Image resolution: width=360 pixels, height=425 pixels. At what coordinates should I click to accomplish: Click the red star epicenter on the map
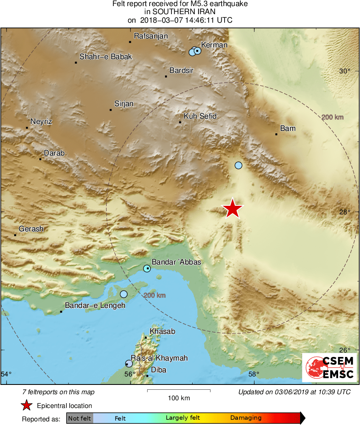[x=233, y=209]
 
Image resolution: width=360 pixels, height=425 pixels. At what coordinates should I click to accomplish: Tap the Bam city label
[x=288, y=128]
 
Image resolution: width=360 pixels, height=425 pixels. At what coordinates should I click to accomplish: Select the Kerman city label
[x=214, y=45]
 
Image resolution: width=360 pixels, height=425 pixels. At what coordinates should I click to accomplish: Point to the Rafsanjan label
[x=150, y=36]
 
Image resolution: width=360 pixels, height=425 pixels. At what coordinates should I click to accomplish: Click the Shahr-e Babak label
[x=105, y=57]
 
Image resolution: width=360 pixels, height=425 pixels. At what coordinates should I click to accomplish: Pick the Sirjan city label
[x=124, y=104]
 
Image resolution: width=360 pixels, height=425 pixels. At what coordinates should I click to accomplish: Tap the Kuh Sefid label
[x=200, y=116]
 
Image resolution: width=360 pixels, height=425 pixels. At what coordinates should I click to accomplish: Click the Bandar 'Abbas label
[x=176, y=263]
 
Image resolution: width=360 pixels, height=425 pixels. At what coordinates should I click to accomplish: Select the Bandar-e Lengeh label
[x=95, y=305]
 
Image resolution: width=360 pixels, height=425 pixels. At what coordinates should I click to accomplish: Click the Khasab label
[x=162, y=331]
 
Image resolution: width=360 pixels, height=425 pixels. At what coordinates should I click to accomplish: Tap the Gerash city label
[x=31, y=229]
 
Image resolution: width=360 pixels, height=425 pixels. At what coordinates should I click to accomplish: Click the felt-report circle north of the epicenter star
[x=238, y=165]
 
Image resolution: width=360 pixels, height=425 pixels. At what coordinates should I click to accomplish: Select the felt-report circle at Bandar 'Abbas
[x=147, y=269]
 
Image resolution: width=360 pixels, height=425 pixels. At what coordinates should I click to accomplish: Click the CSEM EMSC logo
[x=329, y=367]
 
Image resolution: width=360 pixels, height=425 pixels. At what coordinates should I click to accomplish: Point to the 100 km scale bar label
[x=179, y=398]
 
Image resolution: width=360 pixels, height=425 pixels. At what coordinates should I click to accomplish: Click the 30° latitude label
[x=345, y=71]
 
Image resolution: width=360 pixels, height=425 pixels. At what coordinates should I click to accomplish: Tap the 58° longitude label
[x=254, y=374]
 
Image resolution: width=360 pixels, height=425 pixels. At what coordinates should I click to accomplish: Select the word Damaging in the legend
[x=246, y=418]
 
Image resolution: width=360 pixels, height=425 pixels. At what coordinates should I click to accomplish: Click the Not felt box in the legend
[x=79, y=418]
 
